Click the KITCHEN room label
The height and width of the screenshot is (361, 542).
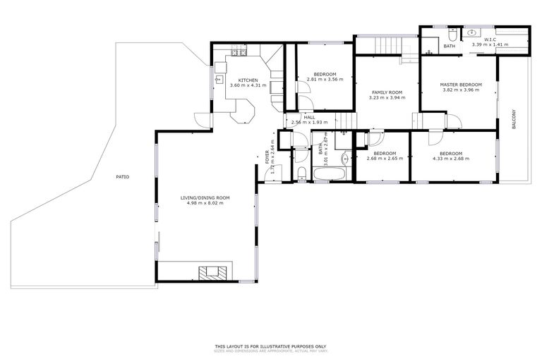[247, 80]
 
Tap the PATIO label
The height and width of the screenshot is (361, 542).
[123, 176]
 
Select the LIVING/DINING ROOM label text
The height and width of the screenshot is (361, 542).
[205, 197]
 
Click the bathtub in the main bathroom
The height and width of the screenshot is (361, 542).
[329, 174]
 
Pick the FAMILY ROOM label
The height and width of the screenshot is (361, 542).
[387, 92]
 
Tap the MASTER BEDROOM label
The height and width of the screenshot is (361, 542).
[460, 84]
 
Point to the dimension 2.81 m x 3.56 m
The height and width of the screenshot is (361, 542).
[325, 80]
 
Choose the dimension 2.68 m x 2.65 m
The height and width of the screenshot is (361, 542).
[385, 159]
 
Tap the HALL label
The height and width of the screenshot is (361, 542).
[309, 117]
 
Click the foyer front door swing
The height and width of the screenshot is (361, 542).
[275, 171]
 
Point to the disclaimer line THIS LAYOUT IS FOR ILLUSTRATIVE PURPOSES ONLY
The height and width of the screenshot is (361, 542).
[271, 346]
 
